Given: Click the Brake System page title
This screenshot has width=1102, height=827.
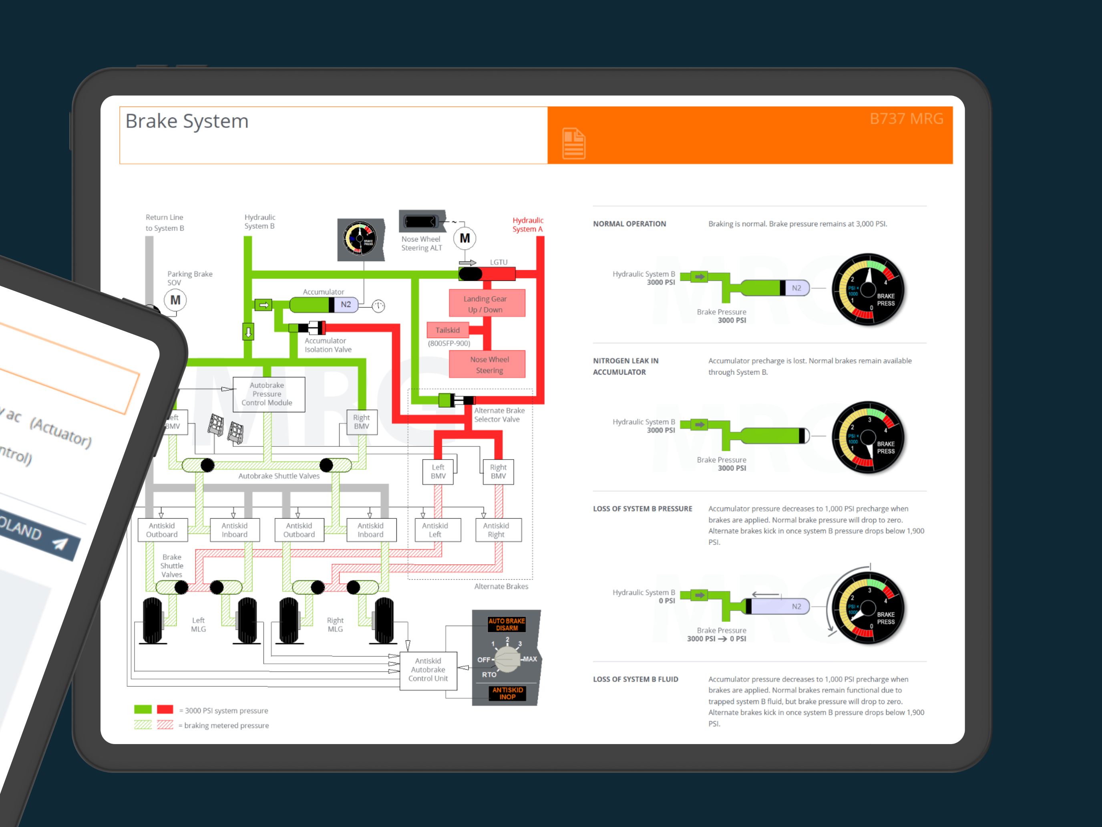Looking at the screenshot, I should point(187,121).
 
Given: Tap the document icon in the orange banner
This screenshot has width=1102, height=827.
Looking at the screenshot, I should point(573,143).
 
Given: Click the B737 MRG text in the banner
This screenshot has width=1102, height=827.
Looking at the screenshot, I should point(906,119).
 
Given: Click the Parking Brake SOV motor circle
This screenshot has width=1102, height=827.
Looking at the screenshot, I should point(175,300).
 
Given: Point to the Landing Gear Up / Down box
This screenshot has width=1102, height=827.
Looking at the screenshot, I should point(486,304).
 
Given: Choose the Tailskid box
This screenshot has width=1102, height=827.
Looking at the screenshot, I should point(447,330).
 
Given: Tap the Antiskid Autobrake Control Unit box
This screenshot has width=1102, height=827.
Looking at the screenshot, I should point(428,670).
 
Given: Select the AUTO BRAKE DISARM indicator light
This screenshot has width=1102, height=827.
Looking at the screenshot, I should point(506,624).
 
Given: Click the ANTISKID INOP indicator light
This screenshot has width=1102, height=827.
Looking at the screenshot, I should point(507,693).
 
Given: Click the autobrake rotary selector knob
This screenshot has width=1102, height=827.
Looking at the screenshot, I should point(507,659).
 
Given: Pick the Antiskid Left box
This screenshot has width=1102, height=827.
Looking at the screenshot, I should point(435,529).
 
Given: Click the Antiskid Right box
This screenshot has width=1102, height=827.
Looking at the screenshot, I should point(496,529).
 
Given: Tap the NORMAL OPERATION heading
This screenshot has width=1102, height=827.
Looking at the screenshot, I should point(629,224).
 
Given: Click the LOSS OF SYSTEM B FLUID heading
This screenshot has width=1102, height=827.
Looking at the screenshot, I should point(635,679).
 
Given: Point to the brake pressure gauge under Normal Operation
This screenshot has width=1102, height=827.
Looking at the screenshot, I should point(868,289).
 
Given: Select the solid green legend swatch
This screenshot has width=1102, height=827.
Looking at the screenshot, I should point(143,709).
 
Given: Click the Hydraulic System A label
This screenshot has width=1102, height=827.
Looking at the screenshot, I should point(528,224).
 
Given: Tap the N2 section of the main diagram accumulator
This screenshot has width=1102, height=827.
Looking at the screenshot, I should point(346,305).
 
